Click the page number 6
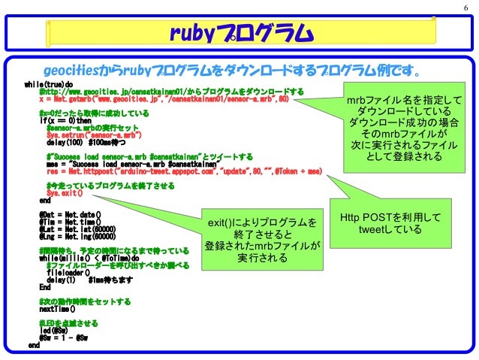(466, 8)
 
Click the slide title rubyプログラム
(239, 32)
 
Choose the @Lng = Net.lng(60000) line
(76, 235)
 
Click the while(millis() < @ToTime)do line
(89, 257)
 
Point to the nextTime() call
(59, 308)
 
